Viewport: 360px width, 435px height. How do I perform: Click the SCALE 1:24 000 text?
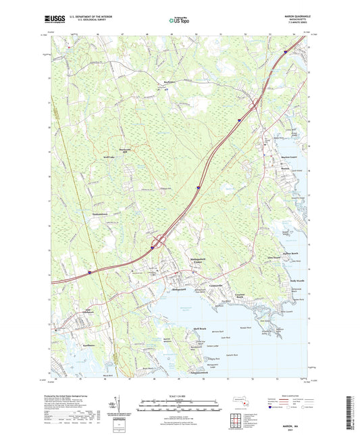(180, 395)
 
